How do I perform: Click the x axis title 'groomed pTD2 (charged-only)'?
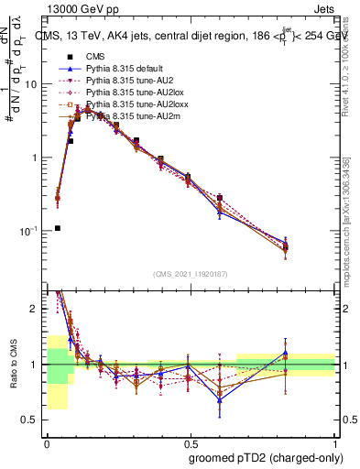point(265,457)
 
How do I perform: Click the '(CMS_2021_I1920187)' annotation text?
point(191,274)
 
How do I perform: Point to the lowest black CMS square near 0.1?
point(58,228)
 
